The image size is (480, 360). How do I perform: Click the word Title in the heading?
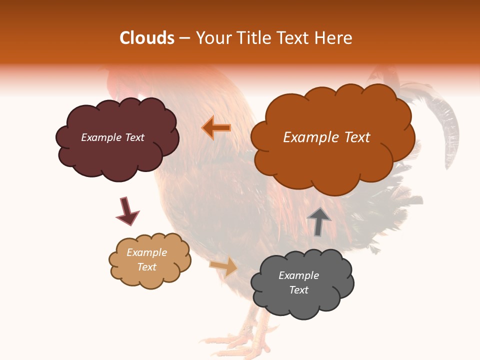point(250,38)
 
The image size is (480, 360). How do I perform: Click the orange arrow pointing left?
point(216,128)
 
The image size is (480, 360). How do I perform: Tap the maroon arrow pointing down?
point(127,211)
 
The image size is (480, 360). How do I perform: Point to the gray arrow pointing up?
point(318,221)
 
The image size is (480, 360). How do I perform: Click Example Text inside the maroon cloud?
point(112,137)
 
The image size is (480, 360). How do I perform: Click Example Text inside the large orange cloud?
point(326,137)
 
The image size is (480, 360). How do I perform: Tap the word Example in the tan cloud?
point(146,252)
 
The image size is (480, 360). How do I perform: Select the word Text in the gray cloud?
point(298,290)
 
